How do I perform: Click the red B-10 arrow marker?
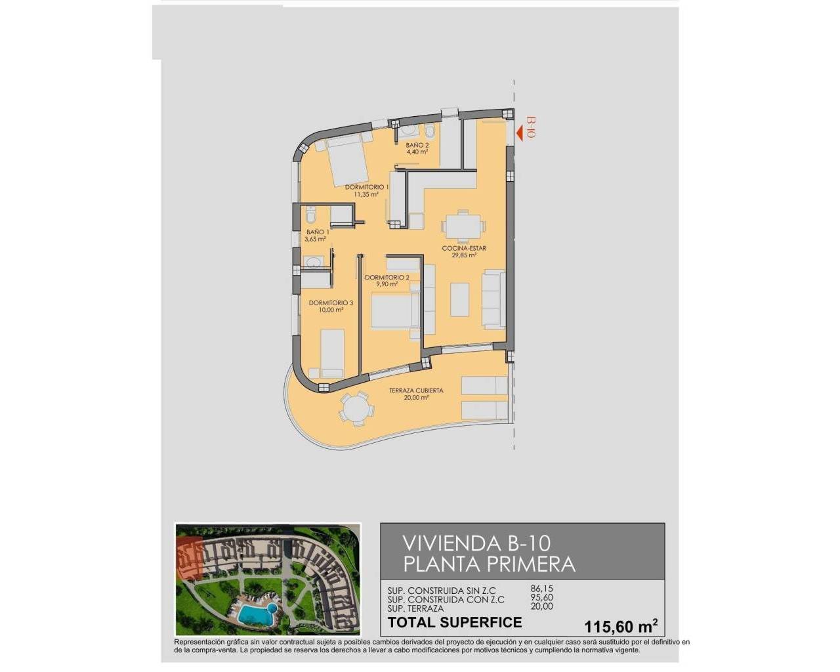click(520, 134)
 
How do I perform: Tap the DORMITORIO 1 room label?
click(367, 187)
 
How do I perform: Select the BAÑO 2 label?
click(417, 145)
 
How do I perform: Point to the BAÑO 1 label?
click(317, 232)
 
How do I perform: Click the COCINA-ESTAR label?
click(463, 249)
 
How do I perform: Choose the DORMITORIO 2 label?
click(387, 278)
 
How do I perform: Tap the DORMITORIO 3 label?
click(331, 303)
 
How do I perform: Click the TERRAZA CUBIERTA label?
click(416, 391)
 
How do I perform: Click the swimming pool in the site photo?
click(257, 614)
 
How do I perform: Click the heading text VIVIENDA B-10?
click(476, 543)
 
